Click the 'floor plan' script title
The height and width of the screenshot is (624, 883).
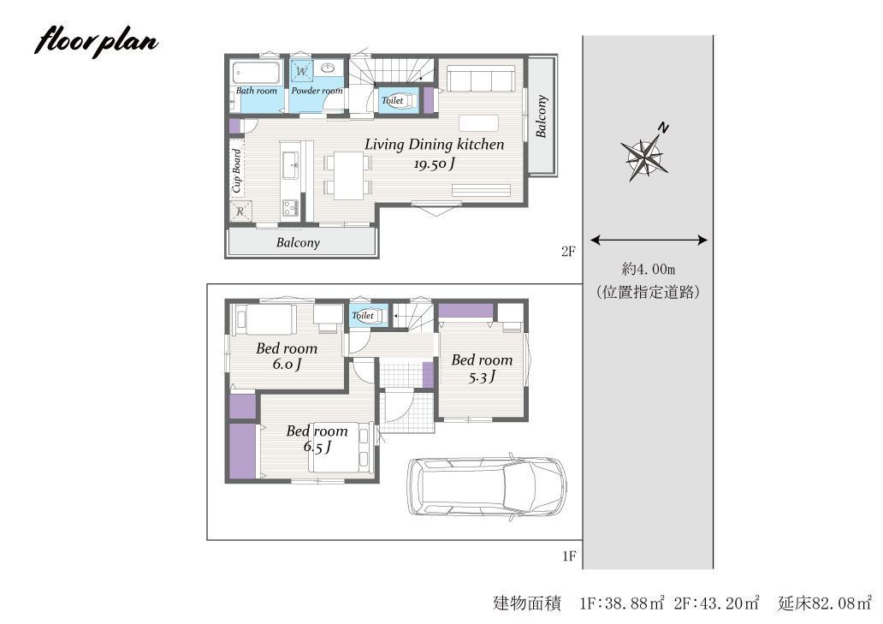tap(96, 41)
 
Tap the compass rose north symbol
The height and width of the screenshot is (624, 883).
tap(645, 154)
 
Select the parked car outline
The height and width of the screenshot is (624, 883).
tap(487, 486)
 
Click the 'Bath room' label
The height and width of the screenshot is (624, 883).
tap(256, 91)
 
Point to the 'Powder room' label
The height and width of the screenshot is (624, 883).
tap(317, 91)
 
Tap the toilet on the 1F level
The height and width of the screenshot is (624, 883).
tap(366, 315)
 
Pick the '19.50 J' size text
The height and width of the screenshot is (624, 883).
tap(434, 163)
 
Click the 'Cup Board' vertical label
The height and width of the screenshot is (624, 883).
tap(237, 170)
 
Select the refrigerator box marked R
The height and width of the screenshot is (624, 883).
tap(240, 211)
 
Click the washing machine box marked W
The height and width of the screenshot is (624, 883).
tap(302, 71)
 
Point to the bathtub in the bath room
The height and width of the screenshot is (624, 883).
tap(257, 73)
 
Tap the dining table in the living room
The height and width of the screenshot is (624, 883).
tap(348, 175)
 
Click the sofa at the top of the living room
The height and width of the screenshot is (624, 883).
tap(481, 78)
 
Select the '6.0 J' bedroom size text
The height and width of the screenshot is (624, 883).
tap(287, 365)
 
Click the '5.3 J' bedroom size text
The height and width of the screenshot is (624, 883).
tap(482, 377)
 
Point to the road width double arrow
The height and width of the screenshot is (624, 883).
tap(649, 240)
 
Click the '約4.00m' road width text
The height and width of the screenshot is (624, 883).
tap(649, 269)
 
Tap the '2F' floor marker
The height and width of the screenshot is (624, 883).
tap(568, 251)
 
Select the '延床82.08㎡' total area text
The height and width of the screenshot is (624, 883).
tap(825, 603)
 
